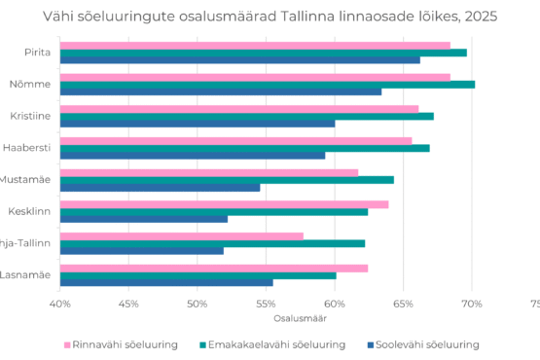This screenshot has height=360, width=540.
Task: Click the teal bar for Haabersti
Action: click(x=244, y=148)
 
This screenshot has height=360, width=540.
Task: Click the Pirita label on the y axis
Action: click(x=38, y=53)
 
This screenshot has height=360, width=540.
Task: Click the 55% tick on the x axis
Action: click(x=266, y=305)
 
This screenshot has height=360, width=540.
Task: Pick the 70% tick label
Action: click(x=472, y=305)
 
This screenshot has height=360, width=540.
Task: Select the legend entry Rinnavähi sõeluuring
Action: click(x=121, y=344)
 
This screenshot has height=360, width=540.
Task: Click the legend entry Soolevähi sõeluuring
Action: click(x=429, y=344)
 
